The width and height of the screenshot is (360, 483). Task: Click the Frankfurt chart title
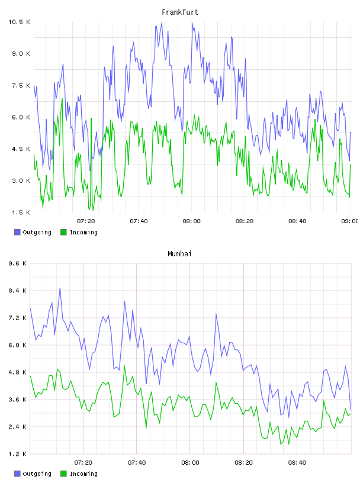pos(180,12)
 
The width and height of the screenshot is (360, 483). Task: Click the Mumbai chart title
pos(179,254)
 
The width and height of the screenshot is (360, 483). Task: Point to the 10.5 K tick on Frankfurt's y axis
pos(19,22)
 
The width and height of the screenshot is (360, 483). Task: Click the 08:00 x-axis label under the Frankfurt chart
pos(191,221)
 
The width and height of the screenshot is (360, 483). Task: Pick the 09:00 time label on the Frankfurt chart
pos(350,221)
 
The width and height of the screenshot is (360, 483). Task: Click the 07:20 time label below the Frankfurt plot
pos(86,221)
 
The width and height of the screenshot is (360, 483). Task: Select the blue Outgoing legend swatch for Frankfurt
pos(17,232)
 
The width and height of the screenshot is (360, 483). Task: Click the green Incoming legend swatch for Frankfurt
pos(63,232)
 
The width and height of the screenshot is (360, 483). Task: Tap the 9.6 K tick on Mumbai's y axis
pos(18,263)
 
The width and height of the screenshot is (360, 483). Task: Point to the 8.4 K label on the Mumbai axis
pos(18,291)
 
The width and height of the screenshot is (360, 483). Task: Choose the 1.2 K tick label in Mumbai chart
pos(18,454)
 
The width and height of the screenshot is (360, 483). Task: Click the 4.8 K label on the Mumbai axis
pos(18,372)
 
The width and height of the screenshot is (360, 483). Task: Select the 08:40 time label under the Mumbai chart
pos(297,463)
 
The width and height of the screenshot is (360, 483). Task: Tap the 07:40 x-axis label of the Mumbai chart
pos(137,463)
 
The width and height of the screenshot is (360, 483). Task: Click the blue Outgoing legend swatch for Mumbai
pos(17,474)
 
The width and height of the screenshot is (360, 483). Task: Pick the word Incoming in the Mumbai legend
pos(83,474)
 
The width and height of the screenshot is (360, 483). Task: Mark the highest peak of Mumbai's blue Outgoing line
pos(60,288)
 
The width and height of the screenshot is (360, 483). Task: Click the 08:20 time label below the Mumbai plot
pos(243,463)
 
